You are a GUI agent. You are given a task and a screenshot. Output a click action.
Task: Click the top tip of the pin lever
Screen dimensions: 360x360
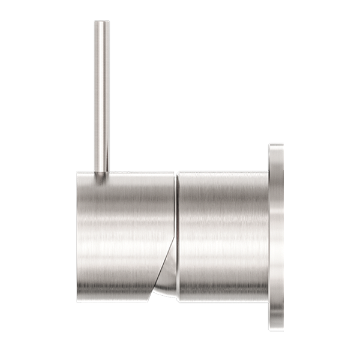101,22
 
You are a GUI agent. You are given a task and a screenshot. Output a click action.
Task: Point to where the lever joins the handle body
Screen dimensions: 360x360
101,174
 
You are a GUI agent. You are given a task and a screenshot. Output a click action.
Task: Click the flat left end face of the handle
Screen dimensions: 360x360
79,234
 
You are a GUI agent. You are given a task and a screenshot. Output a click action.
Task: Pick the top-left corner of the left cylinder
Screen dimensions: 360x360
77,174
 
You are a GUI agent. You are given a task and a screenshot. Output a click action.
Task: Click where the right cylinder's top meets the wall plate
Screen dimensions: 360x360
268,171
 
